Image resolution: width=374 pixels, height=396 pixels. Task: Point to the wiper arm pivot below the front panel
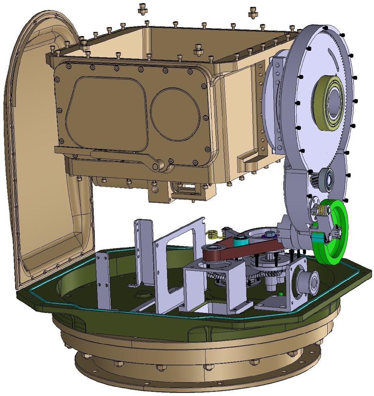pos(157,166)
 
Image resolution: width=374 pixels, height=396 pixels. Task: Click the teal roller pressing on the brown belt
pos(240,241)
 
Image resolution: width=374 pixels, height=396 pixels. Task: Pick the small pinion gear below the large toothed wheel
pos(316,180)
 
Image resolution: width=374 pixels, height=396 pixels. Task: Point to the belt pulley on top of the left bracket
pos(211,252)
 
